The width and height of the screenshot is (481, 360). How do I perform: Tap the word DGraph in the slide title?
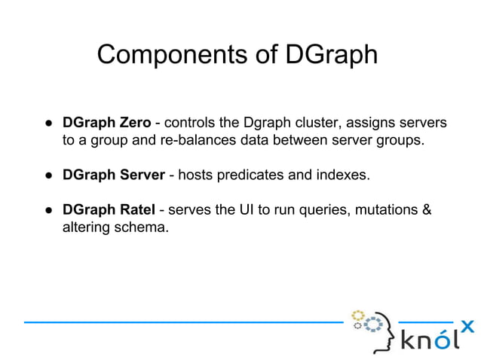point(331,55)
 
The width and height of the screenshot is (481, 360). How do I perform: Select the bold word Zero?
point(134,122)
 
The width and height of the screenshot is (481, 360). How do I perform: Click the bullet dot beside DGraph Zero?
point(47,123)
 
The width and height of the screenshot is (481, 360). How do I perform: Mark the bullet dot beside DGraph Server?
point(47,175)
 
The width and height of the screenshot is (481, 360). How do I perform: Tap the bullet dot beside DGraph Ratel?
point(47,210)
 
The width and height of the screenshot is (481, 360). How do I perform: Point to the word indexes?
point(343,175)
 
